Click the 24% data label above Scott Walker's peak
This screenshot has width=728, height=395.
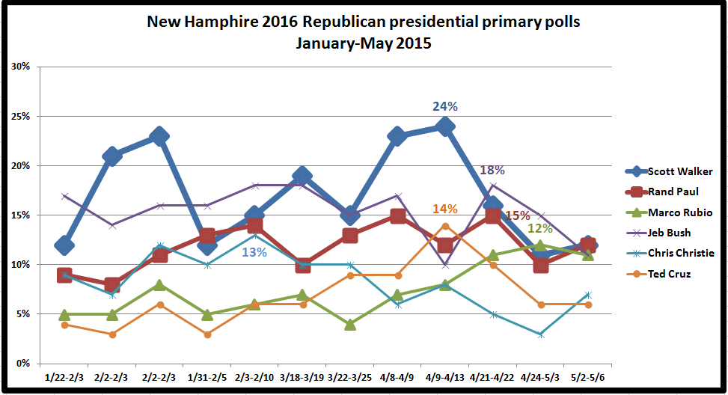pos(444,107)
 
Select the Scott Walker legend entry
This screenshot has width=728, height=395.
pos(680,170)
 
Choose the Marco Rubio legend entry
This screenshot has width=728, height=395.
pos(679,212)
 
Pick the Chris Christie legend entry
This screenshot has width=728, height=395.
pos(681,253)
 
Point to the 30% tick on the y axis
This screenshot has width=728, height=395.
pos(20,67)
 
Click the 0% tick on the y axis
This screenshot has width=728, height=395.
pos(22,364)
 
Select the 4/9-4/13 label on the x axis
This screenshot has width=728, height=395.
pos(445,377)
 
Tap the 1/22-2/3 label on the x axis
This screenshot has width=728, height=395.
pos(64,377)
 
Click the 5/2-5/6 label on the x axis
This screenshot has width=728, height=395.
pos(588,377)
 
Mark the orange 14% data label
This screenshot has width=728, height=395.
pos(444,209)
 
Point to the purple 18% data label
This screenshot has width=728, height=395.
pos(492,171)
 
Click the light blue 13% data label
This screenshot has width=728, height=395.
pos(254,252)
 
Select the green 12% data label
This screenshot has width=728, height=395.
pos(539,228)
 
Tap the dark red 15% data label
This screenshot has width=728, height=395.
pos(517,216)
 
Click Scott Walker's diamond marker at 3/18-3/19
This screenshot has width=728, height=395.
pos(302,176)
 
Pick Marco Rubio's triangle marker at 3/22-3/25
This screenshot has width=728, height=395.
pos(350,324)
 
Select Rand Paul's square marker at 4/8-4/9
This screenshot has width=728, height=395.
pos(397,215)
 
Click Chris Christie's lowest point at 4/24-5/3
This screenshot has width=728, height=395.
pos(540,334)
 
